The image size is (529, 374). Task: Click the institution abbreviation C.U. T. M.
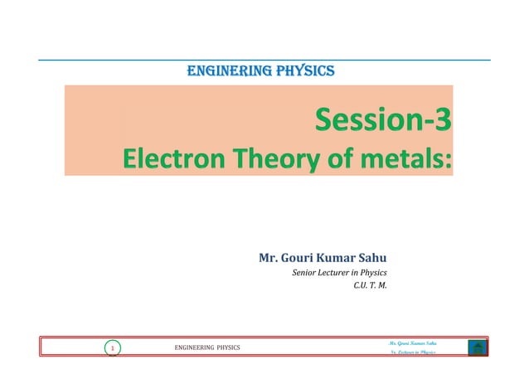(370, 288)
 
